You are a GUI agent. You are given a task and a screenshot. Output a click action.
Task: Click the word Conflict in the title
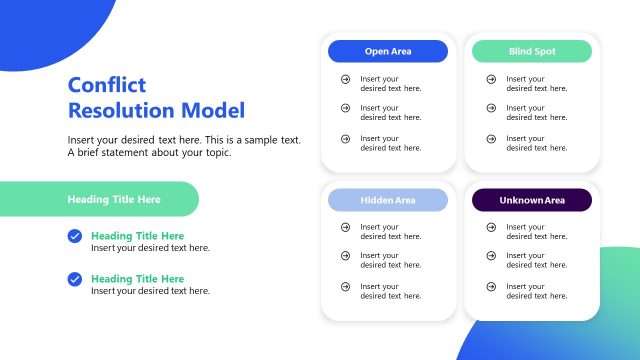click(107, 86)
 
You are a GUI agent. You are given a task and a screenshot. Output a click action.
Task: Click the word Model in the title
click(214, 111)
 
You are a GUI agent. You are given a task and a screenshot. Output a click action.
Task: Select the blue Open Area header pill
click(388, 52)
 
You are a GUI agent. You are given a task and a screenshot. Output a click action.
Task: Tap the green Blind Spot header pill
click(532, 52)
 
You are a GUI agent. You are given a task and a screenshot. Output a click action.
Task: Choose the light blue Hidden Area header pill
click(388, 200)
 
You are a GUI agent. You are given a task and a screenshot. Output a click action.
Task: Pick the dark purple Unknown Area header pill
click(532, 200)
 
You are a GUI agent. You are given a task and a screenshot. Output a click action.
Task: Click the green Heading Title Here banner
click(100, 199)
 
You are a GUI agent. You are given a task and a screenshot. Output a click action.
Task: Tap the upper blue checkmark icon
click(75, 236)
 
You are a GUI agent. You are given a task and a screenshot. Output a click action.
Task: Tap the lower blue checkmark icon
click(75, 279)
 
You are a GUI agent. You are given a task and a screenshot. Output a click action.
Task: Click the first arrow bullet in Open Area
click(345, 79)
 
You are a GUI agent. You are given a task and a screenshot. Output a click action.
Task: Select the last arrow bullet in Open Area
click(345, 139)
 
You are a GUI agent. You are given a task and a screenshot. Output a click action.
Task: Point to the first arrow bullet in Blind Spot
click(491, 79)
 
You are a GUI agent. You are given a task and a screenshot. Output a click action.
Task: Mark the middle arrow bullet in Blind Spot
click(491, 109)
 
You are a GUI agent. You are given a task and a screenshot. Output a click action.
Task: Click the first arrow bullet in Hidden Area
click(345, 228)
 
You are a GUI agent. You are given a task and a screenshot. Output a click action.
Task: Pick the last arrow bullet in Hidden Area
click(345, 287)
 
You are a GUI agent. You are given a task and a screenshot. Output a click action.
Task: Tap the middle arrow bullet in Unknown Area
click(491, 257)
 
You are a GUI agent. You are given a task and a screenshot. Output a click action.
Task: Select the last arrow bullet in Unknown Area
click(491, 287)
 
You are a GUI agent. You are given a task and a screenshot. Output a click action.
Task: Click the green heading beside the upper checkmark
click(138, 236)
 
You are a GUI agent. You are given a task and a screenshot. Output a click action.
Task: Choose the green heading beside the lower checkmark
click(138, 279)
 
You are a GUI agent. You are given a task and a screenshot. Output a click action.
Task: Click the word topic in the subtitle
click(216, 153)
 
